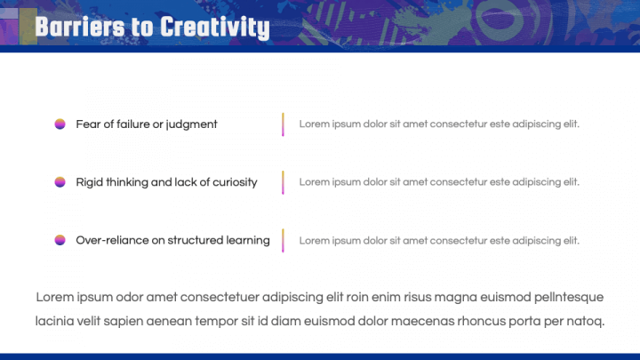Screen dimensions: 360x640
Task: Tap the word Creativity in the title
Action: [x=212, y=28]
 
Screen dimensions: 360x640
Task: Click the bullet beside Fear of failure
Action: [x=60, y=124]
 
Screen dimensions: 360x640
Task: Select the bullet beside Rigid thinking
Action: [x=60, y=182]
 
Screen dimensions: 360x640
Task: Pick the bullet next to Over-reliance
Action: [x=60, y=240]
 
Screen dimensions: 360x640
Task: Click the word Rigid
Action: [x=89, y=182]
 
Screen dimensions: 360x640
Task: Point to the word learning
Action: [x=248, y=240]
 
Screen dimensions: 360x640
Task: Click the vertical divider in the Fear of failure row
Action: [x=283, y=124]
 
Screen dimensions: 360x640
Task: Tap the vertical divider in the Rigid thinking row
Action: [x=283, y=182]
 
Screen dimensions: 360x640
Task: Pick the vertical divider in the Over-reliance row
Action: [x=283, y=240]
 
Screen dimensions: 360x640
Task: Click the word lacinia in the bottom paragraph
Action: [x=57, y=321]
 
